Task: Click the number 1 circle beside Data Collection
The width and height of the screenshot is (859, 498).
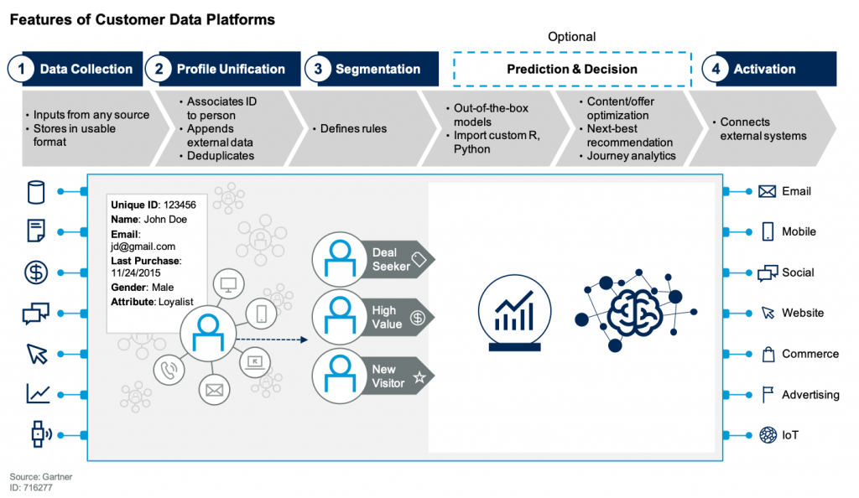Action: [21, 69]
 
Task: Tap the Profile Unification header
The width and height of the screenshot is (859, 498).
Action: [230, 69]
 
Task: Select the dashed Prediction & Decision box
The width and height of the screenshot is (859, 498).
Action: [572, 69]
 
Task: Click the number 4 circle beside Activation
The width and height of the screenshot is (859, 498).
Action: [716, 69]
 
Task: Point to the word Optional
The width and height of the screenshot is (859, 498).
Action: [571, 37]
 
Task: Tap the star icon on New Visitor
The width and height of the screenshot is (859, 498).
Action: [419, 377]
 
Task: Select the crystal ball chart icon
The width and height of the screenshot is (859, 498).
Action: [514, 313]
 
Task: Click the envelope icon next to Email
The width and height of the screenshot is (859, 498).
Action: [767, 191]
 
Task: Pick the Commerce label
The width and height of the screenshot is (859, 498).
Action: [810, 354]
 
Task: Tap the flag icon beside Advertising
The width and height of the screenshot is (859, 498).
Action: [768, 395]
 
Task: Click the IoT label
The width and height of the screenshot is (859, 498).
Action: [790, 435]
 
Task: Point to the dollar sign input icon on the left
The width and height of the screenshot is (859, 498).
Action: [36, 272]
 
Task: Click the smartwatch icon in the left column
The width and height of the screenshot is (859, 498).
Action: [39, 434]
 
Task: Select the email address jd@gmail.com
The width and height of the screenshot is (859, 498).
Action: [143, 246]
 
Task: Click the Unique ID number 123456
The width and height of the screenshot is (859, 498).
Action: [180, 205]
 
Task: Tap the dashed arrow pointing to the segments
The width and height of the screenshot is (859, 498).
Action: [272, 340]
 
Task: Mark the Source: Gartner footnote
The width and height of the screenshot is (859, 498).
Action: [41, 477]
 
